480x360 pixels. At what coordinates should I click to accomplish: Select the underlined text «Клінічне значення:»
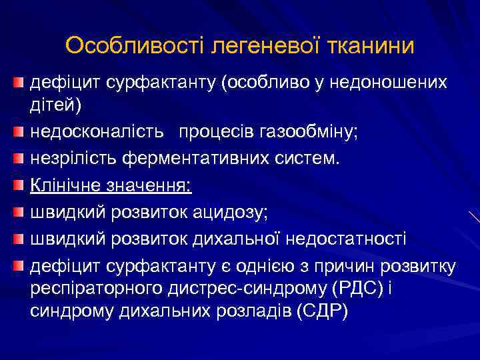pos(111,185)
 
